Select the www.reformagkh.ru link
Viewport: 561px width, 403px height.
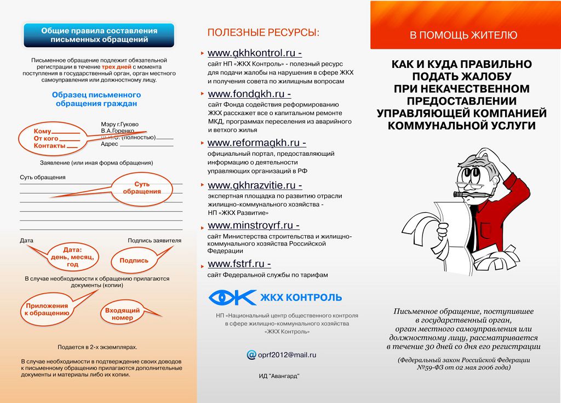point(255,143)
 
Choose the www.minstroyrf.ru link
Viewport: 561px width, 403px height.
point(253,225)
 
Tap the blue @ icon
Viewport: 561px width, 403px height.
point(251,355)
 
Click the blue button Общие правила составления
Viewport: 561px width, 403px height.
point(99,35)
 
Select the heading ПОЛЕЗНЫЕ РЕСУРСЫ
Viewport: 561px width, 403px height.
point(263,33)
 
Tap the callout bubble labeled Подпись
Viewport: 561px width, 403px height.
point(134,260)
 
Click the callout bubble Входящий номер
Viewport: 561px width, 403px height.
point(122,314)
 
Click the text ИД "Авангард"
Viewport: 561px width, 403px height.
point(279,376)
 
